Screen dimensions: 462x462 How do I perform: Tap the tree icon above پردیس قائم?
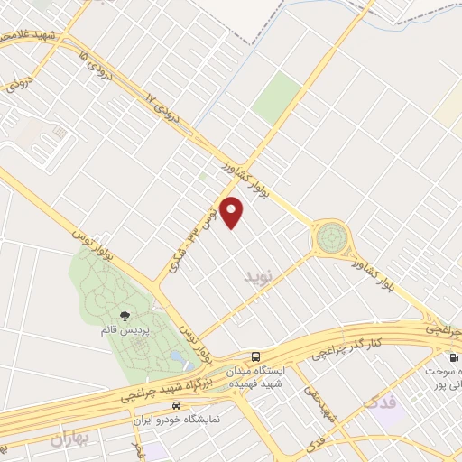pos(124,316)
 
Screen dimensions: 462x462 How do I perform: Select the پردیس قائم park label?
pos(121,331)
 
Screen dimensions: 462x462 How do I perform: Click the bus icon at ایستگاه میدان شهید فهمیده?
pos(256,356)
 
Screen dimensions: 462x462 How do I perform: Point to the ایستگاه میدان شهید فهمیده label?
pos(285,376)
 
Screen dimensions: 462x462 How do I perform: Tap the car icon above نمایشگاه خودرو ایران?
pos(176,406)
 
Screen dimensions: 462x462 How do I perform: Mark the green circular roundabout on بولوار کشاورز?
pos(330,237)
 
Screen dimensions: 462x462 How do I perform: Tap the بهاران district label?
pos(71,439)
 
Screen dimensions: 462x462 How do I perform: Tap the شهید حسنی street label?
pos(321,406)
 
